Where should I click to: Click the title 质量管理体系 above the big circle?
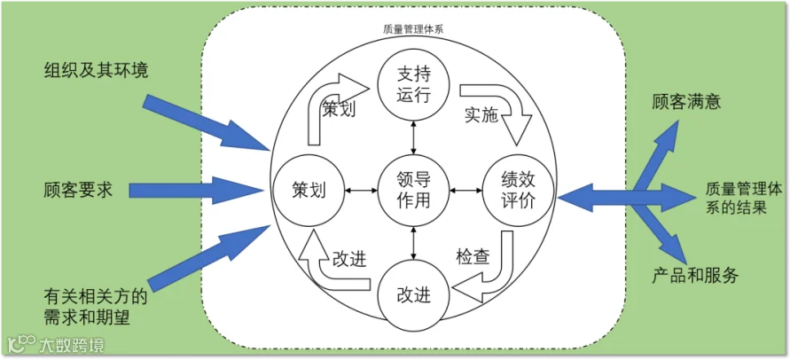tap(413, 28)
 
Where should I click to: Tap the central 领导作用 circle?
tap(413, 190)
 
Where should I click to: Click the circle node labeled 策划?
tap(309, 190)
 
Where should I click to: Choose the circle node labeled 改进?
tap(413, 293)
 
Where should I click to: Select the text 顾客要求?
tap(78, 190)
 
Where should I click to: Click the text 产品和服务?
tap(695, 274)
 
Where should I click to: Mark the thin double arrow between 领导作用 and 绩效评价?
tap(465, 190)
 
